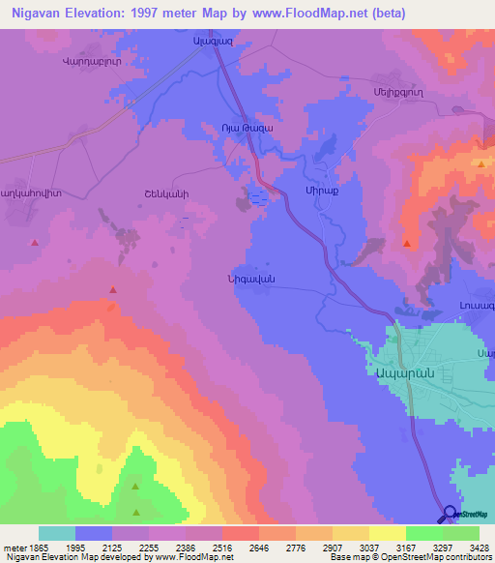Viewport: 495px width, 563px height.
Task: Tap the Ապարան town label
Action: [x=397, y=371]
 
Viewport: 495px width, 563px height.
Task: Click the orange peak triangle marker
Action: [x=480, y=163]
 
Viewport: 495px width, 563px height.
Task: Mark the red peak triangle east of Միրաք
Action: [x=407, y=244]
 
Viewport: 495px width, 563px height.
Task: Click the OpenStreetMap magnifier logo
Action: [x=448, y=514]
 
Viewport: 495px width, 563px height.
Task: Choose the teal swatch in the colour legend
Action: [x=56, y=533]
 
